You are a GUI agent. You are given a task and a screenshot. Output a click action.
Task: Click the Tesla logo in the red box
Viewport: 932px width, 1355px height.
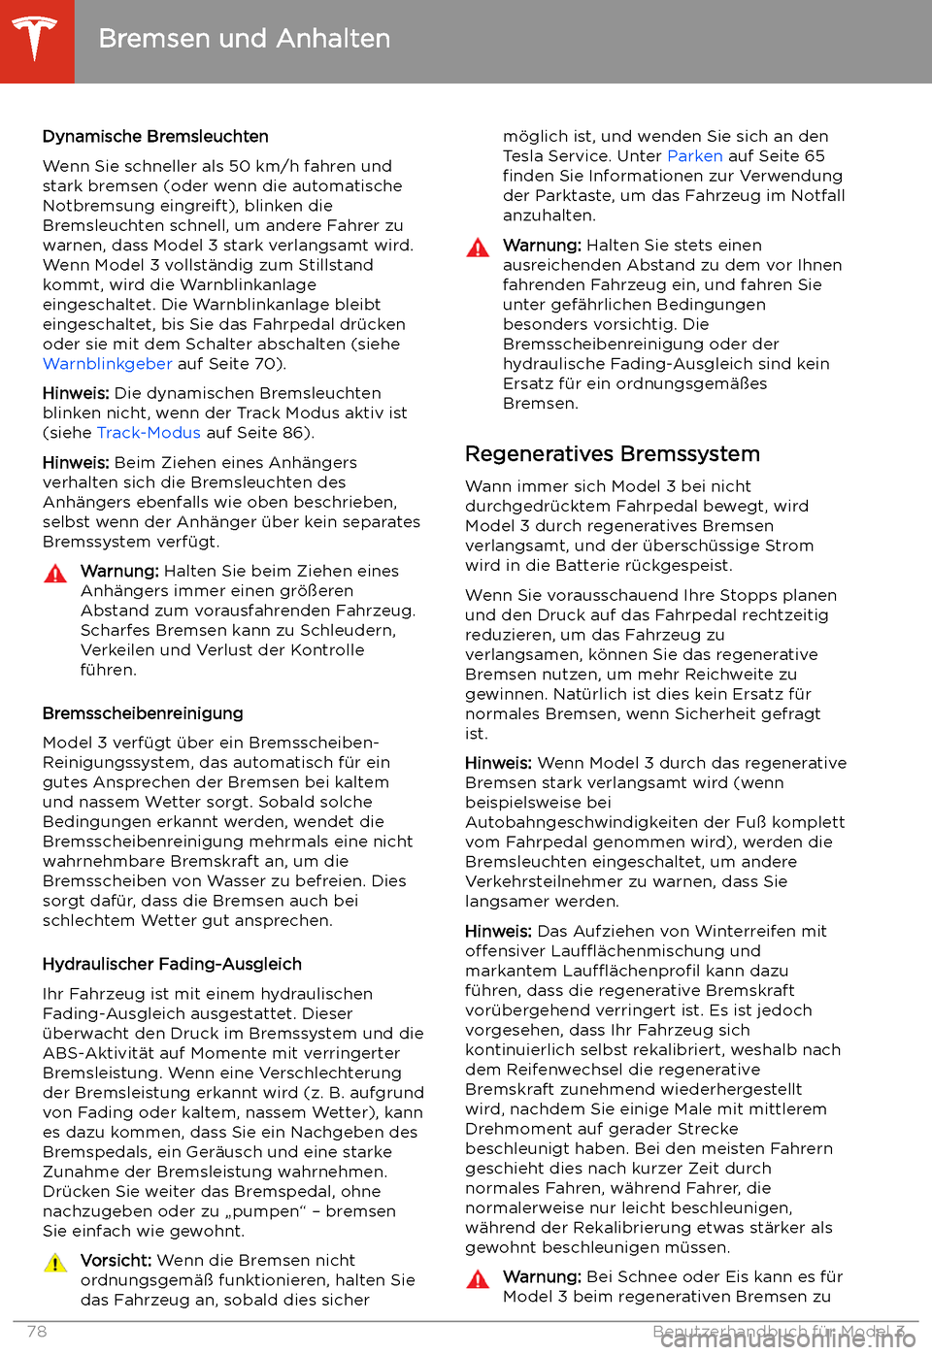point(36,40)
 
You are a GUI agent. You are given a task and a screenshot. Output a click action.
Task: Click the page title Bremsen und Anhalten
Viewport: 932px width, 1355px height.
point(244,39)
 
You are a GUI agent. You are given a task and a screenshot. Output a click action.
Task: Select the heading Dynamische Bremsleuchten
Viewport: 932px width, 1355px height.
point(155,137)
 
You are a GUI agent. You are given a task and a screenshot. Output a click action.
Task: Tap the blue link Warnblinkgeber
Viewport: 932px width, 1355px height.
point(107,364)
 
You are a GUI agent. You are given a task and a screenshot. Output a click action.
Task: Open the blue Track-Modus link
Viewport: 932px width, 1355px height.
point(149,433)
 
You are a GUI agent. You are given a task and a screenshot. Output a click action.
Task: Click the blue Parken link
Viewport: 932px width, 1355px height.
point(694,156)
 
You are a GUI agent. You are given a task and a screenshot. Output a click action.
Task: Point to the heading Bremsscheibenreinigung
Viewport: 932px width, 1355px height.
point(143,713)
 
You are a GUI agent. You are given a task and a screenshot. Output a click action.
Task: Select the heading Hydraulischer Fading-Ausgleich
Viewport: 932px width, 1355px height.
point(172,964)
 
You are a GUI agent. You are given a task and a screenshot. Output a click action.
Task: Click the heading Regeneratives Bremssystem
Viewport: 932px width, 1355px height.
point(612,454)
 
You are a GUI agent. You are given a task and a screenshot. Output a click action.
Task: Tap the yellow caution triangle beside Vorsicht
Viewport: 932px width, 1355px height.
point(55,1263)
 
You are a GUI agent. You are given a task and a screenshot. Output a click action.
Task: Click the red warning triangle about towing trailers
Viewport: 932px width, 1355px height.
point(55,574)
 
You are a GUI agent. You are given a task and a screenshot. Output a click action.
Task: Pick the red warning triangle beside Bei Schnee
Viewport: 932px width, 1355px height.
point(478,1279)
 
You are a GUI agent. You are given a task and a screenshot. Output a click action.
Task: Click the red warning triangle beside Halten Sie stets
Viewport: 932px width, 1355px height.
point(478,248)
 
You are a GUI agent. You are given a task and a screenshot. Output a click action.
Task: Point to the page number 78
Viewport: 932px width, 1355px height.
point(37,1332)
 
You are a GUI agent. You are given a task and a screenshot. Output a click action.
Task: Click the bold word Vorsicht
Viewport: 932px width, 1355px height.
point(116,1260)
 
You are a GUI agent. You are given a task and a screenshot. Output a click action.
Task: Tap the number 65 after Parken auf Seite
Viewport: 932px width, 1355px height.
point(814,156)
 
